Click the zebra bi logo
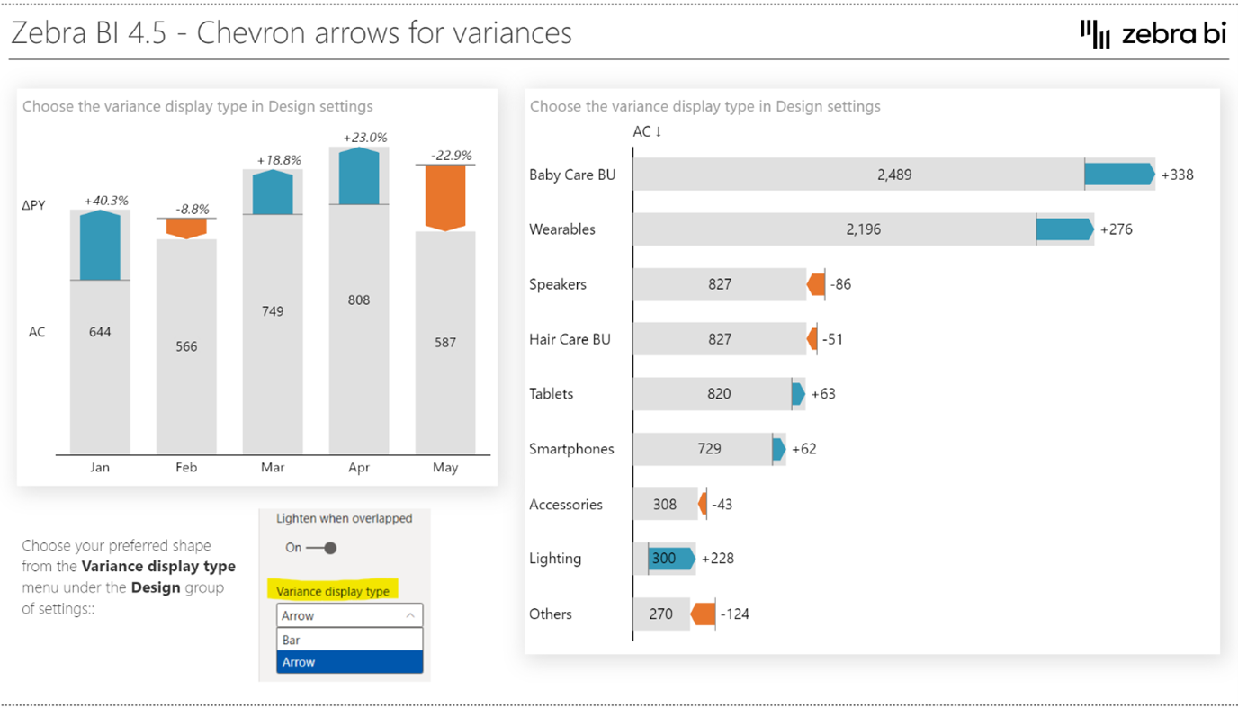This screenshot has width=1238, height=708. tap(1153, 34)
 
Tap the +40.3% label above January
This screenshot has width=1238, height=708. tap(106, 201)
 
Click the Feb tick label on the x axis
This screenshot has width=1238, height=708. tap(186, 468)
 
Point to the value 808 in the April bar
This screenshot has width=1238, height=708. tap(359, 300)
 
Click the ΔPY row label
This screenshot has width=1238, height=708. tap(33, 205)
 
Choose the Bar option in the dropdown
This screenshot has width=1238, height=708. tap(349, 640)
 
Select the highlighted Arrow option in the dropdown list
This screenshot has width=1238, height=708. tap(349, 662)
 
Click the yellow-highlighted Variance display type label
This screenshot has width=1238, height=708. tap(333, 591)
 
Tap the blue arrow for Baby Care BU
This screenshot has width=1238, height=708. tap(1118, 175)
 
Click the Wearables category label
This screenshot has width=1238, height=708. tap(562, 229)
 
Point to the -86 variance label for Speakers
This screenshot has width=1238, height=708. tap(840, 284)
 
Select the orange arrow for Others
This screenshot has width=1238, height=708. tap(703, 614)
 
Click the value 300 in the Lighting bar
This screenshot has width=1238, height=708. tap(663, 559)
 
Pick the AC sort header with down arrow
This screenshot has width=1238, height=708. tap(647, 131)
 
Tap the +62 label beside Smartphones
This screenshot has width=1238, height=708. tap(803, 449)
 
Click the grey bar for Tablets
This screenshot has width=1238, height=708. tap(711, 394)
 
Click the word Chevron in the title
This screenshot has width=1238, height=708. tap(253, 33)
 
